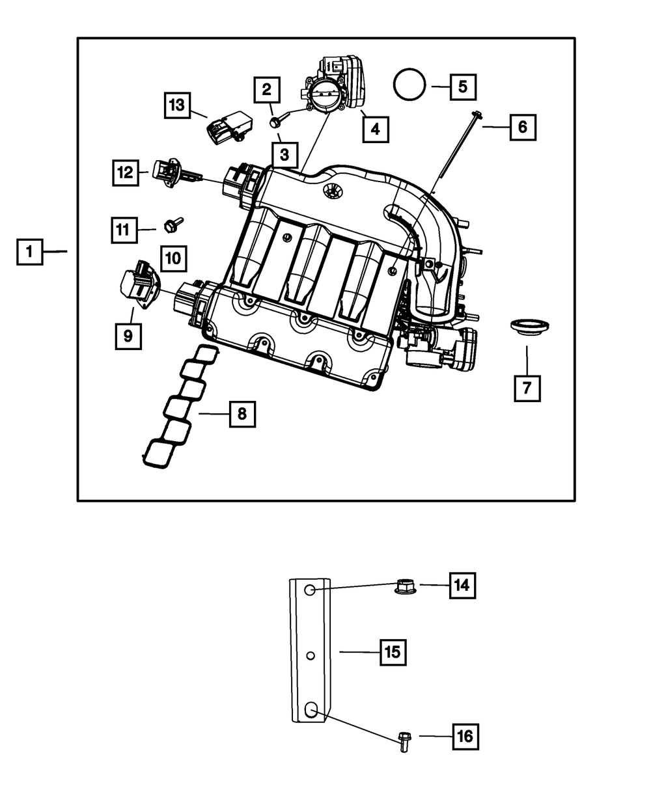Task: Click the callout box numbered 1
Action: [x=29, y=251]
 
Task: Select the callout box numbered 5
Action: [x=463, y=87]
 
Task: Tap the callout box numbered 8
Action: [x=242, y=414]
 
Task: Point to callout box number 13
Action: [x=177, y=105]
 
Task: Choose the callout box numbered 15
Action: [x=393, y=651]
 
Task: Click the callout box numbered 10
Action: [x=173, y=258]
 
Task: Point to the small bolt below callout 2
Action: [x=276, y=120]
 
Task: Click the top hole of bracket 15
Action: [x=311, y=590]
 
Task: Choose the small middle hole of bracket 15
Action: [x=311, y=655]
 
